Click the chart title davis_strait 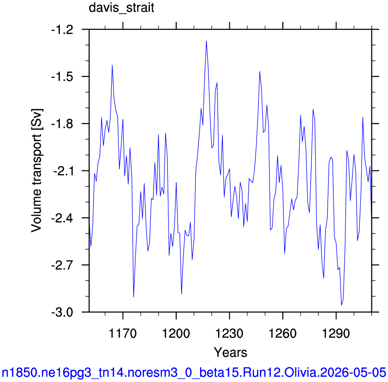point(121,8)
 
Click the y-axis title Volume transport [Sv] point(36,170)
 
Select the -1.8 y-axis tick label point(62,124)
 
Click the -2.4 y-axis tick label point(62,218)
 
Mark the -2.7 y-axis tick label point(62,265)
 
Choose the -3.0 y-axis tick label point(62,312)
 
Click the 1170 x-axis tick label point(123,333)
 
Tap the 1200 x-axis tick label point(176,333)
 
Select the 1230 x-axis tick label point(229,333)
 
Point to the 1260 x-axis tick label point(283,333)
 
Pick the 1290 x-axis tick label point(336,333)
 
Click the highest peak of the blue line point(206,41)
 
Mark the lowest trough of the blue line point(342,305)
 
